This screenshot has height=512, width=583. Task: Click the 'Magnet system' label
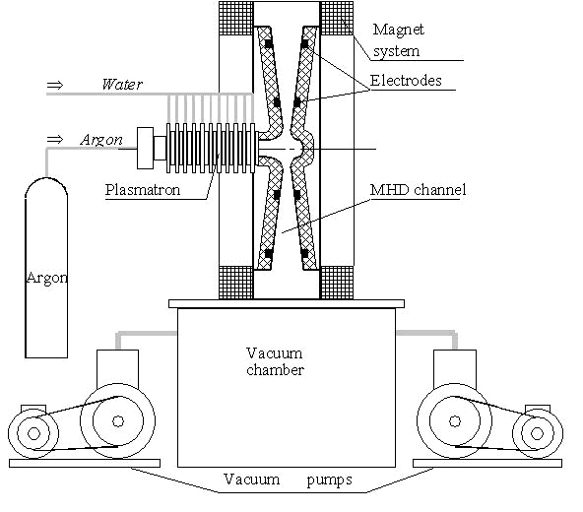click(x=398, y=40)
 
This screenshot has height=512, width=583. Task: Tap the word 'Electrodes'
click(x=406, y=81)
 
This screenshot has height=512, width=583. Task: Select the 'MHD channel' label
click(x=418, y=190)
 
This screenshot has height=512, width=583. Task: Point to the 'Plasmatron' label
click(x=143, y=190)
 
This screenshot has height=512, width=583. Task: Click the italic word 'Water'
click(x=122, y=85)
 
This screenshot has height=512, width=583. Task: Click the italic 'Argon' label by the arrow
click(x=101, y=140)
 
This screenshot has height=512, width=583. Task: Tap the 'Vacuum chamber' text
click(x=275, y=361)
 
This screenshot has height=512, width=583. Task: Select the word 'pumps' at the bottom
click(x=330, y=480)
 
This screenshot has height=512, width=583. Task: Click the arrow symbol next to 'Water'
click(x=55, y=85)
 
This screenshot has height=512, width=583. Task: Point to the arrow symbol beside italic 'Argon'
click(x=55, y=140)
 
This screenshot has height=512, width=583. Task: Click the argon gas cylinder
click(x=46, y=268)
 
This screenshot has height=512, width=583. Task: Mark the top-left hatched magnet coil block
click(x=235, y=19)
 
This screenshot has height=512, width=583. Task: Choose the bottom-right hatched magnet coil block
click(x=337, y=283)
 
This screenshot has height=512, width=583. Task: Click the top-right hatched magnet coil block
click(x=337, y=19)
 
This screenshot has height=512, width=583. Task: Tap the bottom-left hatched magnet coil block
click(x=235, y=283)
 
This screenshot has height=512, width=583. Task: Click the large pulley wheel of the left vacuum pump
click(x=118, y=420)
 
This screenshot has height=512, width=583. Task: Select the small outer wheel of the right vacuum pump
click(x=538, y=433)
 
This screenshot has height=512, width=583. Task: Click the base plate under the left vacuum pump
click(x=85, y=464)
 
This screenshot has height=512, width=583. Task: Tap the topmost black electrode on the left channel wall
click(x=269, y=44)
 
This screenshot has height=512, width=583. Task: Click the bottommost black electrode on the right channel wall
click(x=304, y=254)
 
